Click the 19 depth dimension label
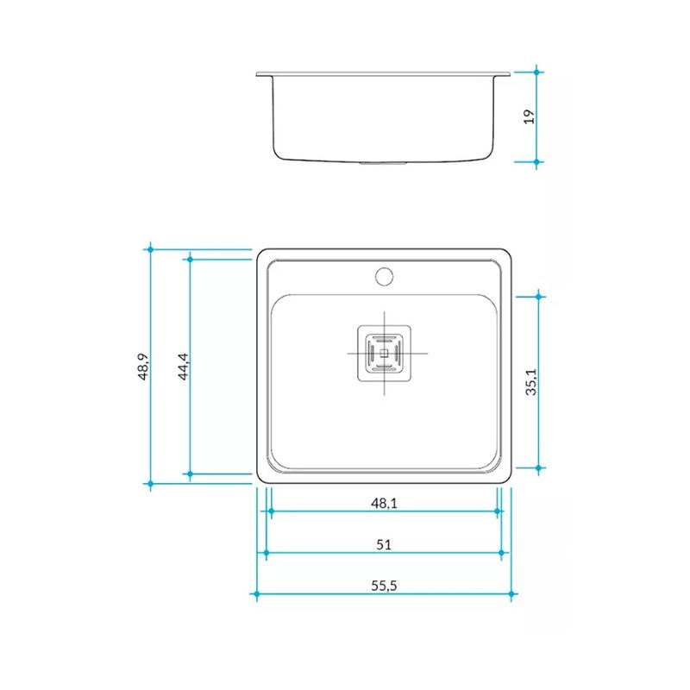tap(529, 116)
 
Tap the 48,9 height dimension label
tap(143, 367)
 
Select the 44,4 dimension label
tap(183, 367)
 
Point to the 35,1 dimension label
tap(531, 382)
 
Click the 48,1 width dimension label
tap(384, 503)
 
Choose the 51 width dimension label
tap(384, 545)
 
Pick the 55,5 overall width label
tap(384, 586)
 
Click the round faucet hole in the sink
tap(384, 277)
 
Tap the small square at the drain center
tap(384, 353)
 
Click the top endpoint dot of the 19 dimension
tap(536, 72)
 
